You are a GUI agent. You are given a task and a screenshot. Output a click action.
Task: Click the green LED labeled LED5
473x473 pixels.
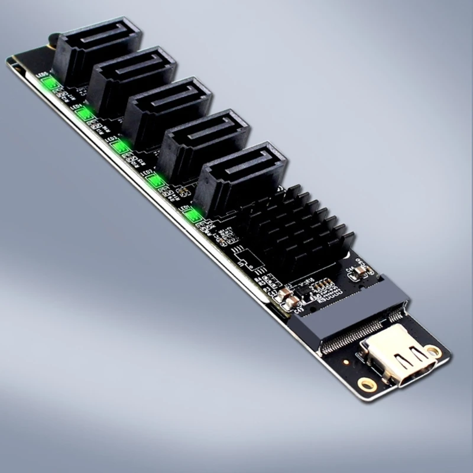coord(50,83)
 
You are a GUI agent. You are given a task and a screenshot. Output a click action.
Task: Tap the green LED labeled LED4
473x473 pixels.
coord(85,114)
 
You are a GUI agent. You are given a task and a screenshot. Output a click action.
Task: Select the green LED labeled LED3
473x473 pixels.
coord(121,146)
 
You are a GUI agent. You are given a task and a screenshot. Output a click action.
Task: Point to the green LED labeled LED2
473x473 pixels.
coord(155,180)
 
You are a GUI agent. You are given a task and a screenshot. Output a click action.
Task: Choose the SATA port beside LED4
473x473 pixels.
coord(133,79)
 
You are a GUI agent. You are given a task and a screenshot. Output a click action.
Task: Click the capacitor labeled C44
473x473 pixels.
coord(360,273)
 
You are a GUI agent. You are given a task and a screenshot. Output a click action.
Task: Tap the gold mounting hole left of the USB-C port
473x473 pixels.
coord(367,384)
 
